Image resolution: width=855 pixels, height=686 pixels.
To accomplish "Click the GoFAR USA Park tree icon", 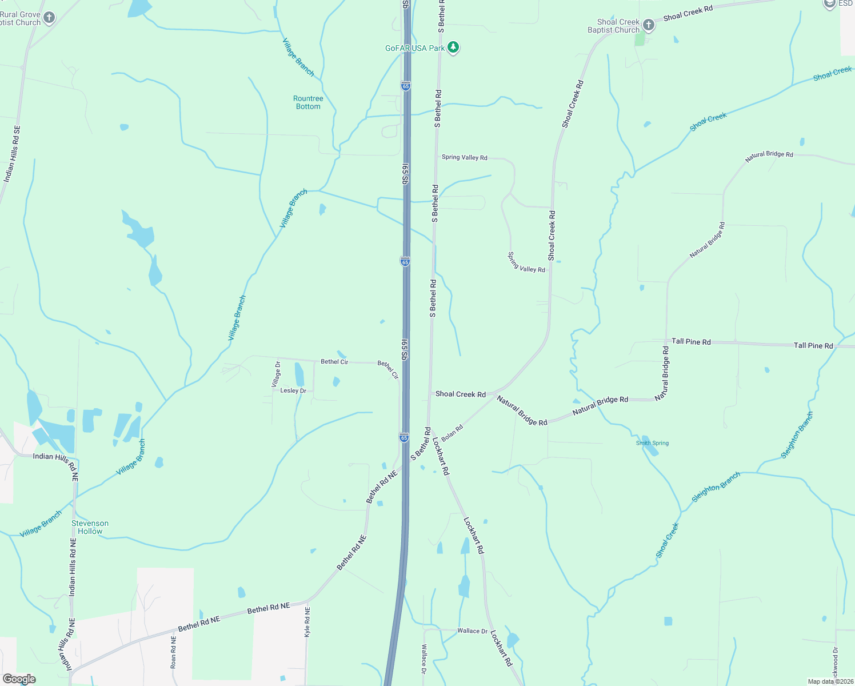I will (x=453, y=47).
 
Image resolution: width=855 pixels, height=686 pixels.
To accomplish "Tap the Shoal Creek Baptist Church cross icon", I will (x=648, y=25).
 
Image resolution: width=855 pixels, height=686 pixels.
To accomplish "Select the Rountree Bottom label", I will (x=308, y=102).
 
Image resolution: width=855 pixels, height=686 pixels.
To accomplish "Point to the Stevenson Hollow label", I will (x=90, y=527).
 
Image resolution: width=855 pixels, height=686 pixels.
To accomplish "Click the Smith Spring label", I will (x=652, y=443).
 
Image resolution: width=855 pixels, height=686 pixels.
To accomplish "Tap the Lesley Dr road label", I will (x=293, y=390).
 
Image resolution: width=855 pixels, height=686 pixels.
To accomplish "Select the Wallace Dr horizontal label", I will (x=472, y=631).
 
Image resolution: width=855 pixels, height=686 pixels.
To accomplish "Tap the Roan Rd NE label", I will (x=174, y=652).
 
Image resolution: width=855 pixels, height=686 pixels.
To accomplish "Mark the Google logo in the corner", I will (x=19, y=679).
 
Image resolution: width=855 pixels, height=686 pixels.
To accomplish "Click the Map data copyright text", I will (x=830, y=681).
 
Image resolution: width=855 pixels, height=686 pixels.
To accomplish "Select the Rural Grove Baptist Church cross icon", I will (x=50, y=18).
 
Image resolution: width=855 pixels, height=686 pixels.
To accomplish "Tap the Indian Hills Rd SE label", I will (x=11, y=154).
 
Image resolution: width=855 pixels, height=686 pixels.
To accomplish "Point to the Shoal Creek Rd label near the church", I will (x=688, y=13).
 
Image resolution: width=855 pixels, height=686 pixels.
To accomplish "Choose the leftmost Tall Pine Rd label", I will (x=691, y=341).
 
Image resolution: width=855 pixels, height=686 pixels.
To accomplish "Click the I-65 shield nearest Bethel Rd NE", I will (x=404, y=438).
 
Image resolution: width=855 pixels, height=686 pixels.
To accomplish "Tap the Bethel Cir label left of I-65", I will (x=334, y=362).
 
